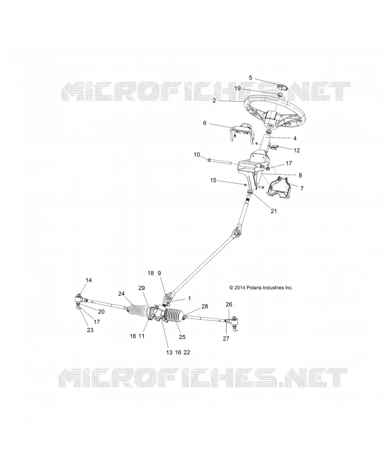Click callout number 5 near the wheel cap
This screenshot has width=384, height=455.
tap(251, 78)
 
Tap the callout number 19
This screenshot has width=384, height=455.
tap(237, 88)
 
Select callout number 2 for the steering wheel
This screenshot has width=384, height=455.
tap(214, 101)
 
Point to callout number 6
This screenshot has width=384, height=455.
tap(204, 123)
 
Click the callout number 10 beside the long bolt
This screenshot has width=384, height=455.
tap(197, 154)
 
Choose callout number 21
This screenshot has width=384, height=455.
tap(274, 211)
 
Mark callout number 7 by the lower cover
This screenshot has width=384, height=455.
tap(302, 188)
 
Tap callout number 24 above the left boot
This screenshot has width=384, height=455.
tap(122, 293)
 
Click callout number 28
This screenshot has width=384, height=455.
tap(205, 307)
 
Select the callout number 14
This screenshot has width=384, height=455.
tap(89, 280)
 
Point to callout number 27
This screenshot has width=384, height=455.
tap(226, 338)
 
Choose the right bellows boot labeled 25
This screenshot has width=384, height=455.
tap(174, 317)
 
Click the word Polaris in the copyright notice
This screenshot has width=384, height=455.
tap(254, 288)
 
